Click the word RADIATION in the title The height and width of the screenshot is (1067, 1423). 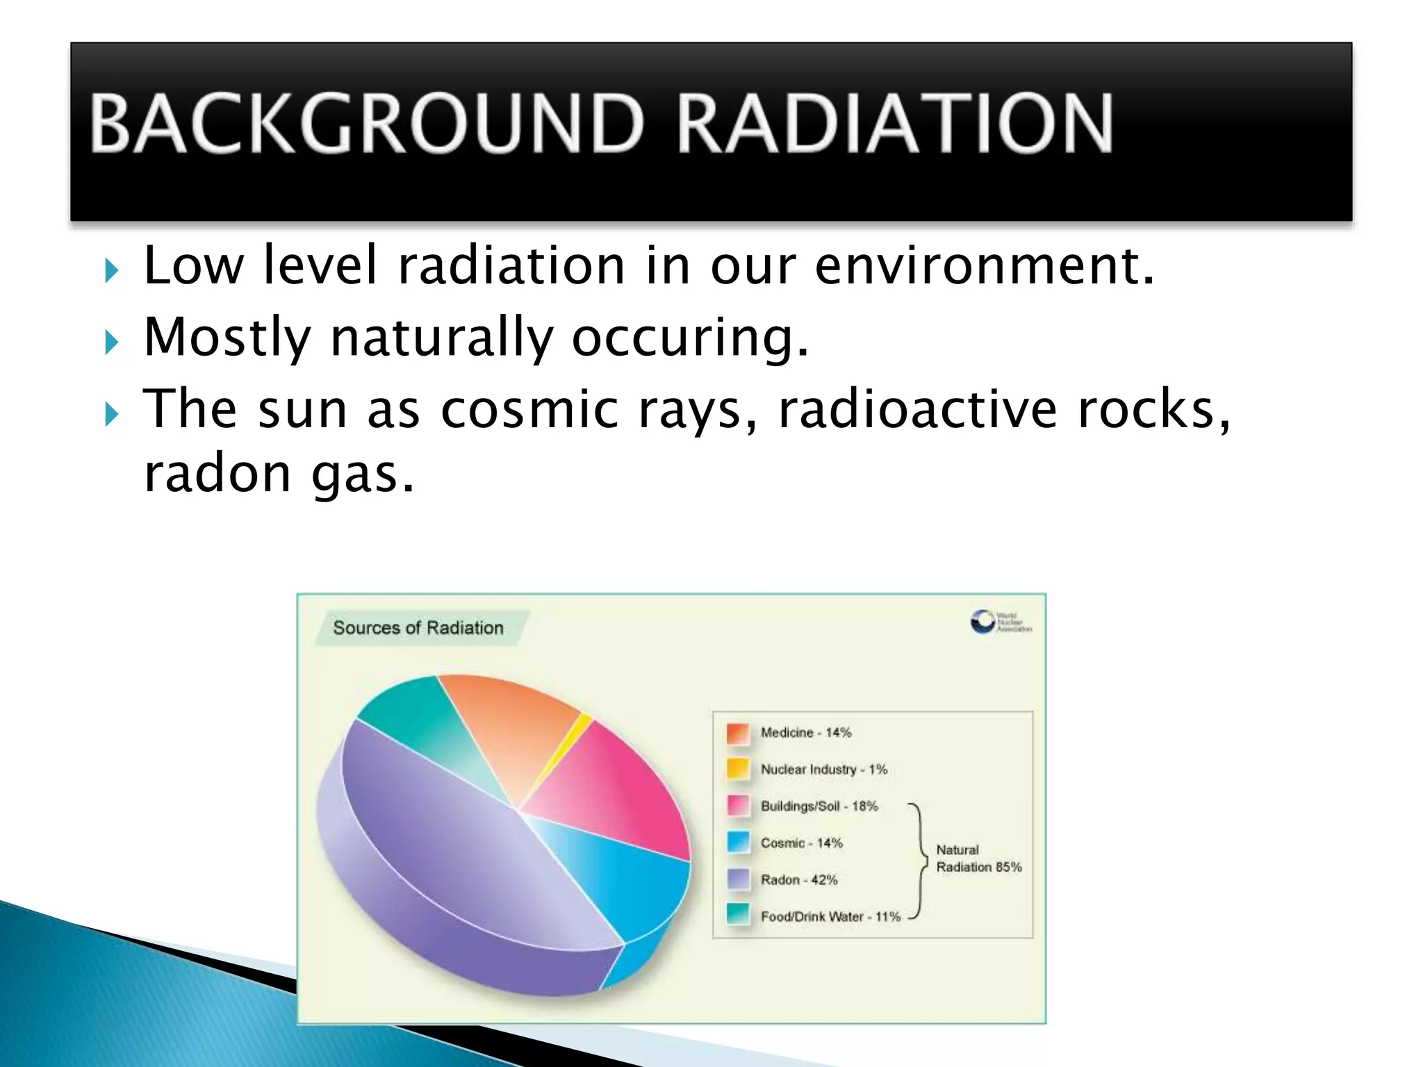[x=895, y=124]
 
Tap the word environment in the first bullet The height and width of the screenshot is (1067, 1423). [x=984, y=265]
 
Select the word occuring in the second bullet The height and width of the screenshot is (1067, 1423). [x=691, y=338]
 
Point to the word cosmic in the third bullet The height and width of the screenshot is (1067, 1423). [x=529, y=409]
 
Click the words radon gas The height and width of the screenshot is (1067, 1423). [x=279, y=474]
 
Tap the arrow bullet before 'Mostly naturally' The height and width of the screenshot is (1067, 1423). [x=111, y=342]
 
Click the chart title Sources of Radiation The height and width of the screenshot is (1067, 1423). [x=418, y=628]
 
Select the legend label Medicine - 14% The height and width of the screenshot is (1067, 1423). [x=805, y=733]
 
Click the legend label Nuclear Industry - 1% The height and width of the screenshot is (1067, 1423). [x=823, y=770]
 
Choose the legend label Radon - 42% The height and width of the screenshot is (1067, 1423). [x=798, y=880]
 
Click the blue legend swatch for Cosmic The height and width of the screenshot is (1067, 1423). [x=738, y=843]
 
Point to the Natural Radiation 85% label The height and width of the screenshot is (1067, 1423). [x=978, y=859]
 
